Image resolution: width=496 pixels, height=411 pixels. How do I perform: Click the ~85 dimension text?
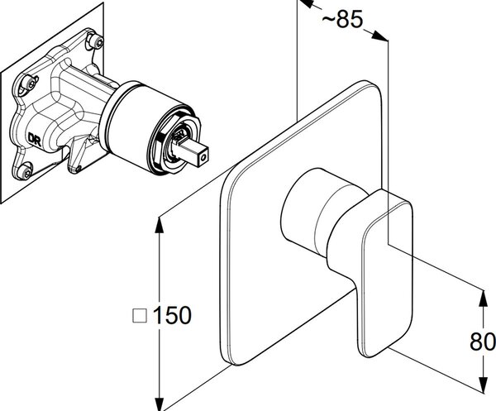(342, 19)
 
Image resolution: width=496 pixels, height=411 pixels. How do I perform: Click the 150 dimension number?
(172, 315)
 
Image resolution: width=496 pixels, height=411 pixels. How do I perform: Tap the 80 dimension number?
(483, 342)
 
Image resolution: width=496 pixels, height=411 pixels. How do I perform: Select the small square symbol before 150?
(140, 315)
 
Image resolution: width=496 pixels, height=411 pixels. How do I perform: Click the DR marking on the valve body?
(35, 139)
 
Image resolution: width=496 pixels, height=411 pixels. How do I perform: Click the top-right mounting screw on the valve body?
(96, 41)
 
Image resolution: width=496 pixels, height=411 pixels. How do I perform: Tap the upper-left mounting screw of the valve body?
(28, 82)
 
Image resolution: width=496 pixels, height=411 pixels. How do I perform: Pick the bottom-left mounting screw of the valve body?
(25, 171)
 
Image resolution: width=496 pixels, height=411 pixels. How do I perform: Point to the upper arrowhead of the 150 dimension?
(159, 226)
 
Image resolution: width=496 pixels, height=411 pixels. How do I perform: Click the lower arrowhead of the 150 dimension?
(160, 403)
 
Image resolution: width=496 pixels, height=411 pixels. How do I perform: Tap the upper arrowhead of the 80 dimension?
(483, 298)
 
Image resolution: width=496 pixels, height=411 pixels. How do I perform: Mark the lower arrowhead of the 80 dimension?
(483, 385)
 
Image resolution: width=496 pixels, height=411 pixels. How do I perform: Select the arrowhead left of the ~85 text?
(305, 4)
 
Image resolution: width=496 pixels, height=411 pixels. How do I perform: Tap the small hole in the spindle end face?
(203, 157)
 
